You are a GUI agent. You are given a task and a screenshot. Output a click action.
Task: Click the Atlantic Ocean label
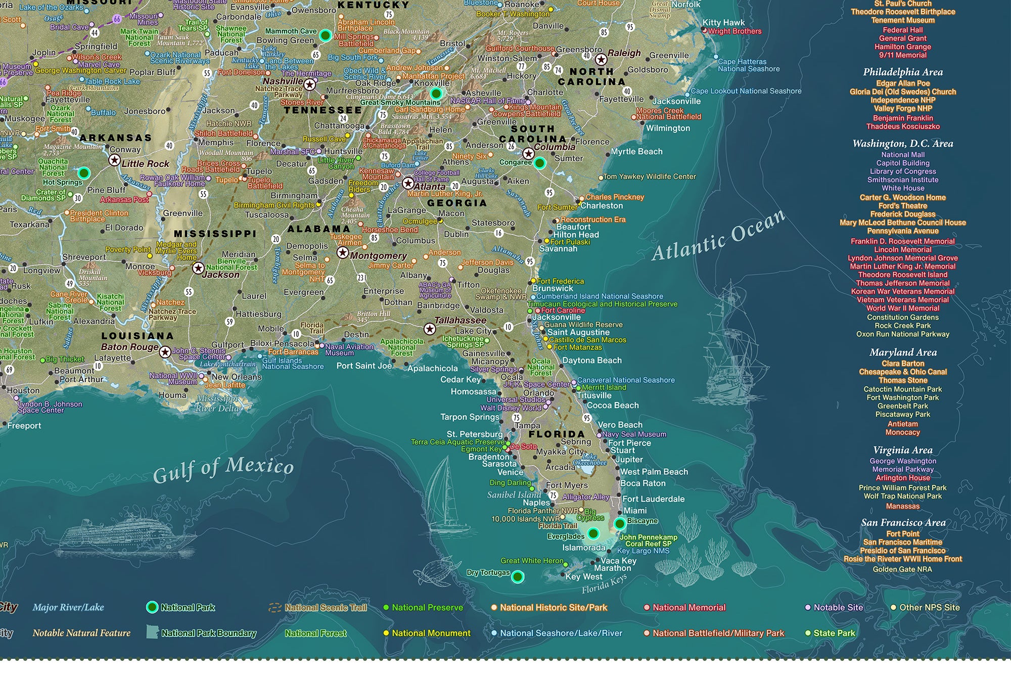pyautogui.click(x=718, y=235)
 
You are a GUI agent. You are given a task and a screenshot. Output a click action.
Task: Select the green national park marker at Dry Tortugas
pyautogui.click(x=518, y=576)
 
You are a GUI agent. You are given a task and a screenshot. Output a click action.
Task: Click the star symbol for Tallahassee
pyautogui.click(x=430, y=329)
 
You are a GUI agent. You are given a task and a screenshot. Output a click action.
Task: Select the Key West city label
pyautogui.click(x=584, y=577)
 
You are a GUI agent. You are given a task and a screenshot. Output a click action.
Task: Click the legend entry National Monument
pyautogui.click(x=431, y=633)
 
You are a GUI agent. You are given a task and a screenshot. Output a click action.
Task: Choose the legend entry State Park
pyautogui.click(x=834, y=633)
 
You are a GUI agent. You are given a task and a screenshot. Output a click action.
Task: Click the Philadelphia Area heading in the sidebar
pyautogui.click(x=903, y=72)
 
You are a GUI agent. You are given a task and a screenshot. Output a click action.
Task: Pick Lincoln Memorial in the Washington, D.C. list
pyautogui.click(x=903, y=249)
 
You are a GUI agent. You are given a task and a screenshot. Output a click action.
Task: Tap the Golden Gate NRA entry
pyautogui.click(x=902, y=569)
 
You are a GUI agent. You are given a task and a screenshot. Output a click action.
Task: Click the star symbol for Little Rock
pyautogui.click(x=115, y=161)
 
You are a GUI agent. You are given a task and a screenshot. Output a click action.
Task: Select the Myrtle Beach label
pyautogui.click(x=636, y=151)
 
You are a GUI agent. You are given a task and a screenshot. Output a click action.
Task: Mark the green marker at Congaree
pyautogui.click(x=539, y=163)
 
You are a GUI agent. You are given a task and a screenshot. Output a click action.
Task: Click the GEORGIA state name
pyautogui.click(x=457, y=203)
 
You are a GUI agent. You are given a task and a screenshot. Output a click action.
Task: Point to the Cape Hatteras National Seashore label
pyautogui.click(x=749, y=65)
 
